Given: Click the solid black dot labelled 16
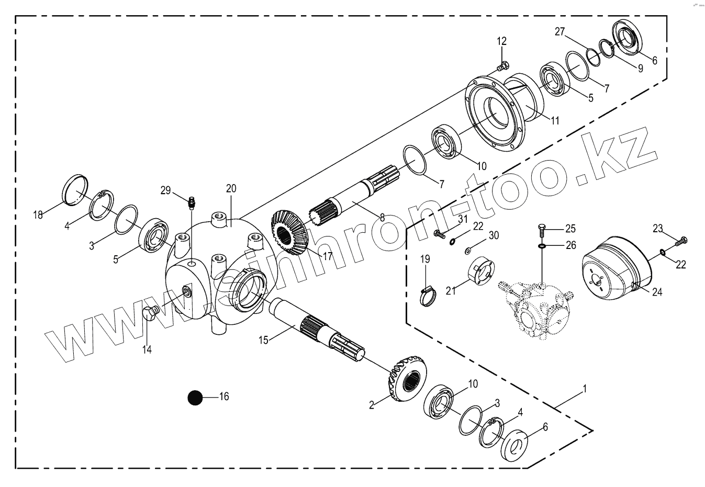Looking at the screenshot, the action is pos(195,398).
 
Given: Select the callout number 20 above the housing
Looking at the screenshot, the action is pos(231,188).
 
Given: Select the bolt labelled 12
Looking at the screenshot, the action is pos(502,66).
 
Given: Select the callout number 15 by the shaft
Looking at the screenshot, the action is pos(263,341).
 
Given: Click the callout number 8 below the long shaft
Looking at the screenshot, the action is pos(382,216).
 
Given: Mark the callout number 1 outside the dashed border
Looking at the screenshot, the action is pos(585,389).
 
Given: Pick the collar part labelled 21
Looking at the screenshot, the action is pos(480,271).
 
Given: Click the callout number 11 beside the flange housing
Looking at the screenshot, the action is pos(555,121).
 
